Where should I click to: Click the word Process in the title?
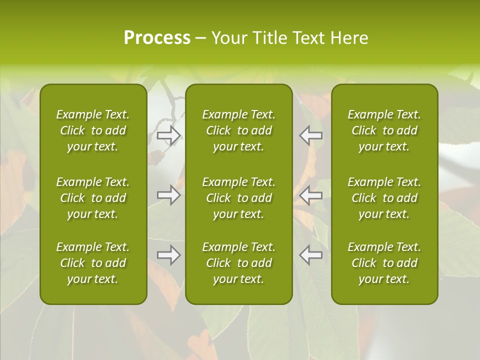(x=157, y=38)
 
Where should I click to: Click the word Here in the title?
(x=349, y=38)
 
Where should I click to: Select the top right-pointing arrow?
(x=169, y=135)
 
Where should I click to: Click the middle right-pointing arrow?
(x=169, y=195)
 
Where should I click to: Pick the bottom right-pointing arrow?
(x=169, y=255)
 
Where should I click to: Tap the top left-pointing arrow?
(x=311, y=135)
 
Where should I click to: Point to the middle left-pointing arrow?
(x=311, y=195)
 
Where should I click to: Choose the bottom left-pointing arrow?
(x=311, y=255)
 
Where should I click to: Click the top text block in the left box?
(x=93, y=130)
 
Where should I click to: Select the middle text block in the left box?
(x=93, y=198)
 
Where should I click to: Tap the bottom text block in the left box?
(x=93, y=263)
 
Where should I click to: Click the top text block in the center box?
(x=239, y=130)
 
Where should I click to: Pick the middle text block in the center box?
(x=239, y=198)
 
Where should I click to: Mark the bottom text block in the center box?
(x=239, y=263)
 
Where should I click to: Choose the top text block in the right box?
(x=384, y=130)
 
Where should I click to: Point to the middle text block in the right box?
(x=384, y=198)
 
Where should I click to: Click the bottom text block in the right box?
(x=384, y=263)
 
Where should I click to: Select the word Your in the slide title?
(x=229, y=38)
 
